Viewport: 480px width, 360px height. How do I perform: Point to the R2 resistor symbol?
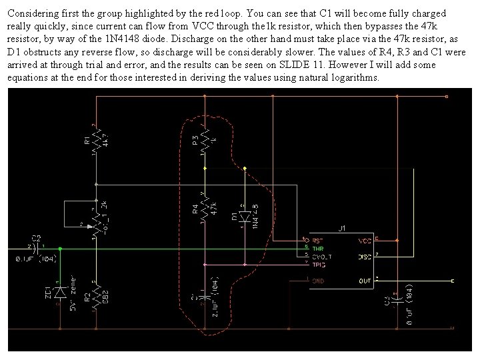[97, 293]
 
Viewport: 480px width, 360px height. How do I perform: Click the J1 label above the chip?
[341, 229]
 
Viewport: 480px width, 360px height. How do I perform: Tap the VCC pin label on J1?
[365, 240]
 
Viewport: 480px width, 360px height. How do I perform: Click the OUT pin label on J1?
[365, 281]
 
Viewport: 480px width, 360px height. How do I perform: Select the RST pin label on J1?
[318, 240]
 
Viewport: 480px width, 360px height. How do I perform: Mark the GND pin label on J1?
[318, 281]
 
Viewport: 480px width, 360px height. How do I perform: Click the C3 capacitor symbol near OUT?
[397, 299]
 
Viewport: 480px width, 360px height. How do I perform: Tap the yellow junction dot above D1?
[245, 168]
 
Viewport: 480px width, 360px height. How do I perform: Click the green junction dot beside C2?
[61, 249]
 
